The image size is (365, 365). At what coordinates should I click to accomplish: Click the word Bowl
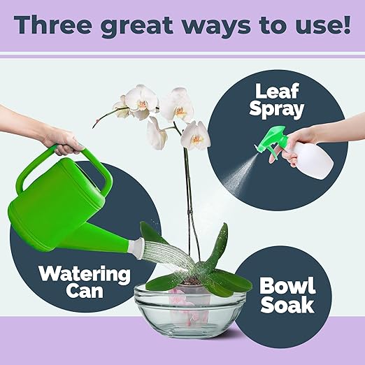tap(288, 285)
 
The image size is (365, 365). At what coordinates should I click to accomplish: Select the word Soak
tap(287, 306)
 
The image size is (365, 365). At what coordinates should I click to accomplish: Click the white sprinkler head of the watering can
tap(138, 244)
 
